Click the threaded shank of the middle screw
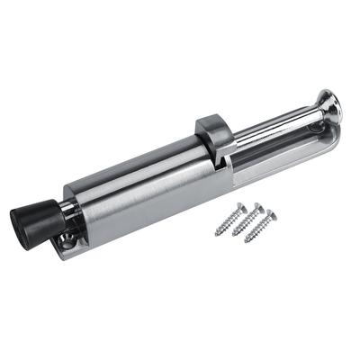click(x=247, y=223)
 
